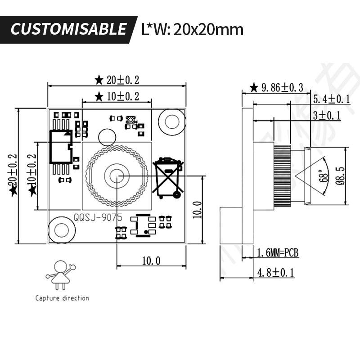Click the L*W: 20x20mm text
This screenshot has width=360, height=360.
coord(192,29)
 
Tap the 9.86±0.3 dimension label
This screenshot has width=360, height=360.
coord(282,87)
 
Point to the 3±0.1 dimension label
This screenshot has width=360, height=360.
coord(327,116)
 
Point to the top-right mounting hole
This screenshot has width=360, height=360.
coord(172,121)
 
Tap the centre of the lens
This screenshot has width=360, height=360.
coord(117,176)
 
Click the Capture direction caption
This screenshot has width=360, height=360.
coord(62,298)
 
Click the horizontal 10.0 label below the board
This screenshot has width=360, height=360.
coord(151,261)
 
